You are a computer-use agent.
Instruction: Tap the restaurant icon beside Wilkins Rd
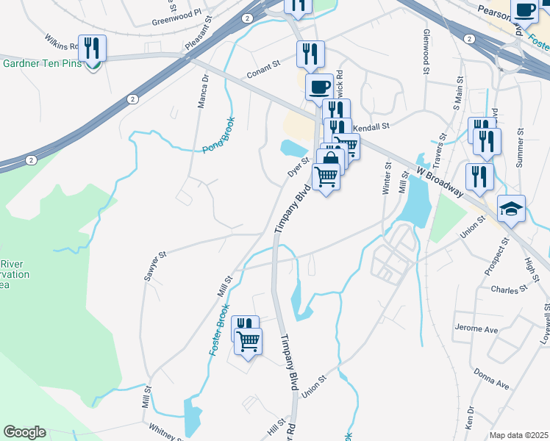(x=92, y=49)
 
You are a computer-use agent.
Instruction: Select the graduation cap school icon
(x=511, y=209)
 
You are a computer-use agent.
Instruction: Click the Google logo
(x=24, y=432)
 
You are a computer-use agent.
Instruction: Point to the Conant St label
(x=264, y=70)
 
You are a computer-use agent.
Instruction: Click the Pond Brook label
(x=218, y=135)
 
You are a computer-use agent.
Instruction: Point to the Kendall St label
(x=371, y=128)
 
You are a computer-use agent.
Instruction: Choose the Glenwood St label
(x=426, y=52)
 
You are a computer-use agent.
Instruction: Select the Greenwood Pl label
(x=176, y=15)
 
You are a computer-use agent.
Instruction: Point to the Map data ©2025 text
(x=518, y=435)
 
